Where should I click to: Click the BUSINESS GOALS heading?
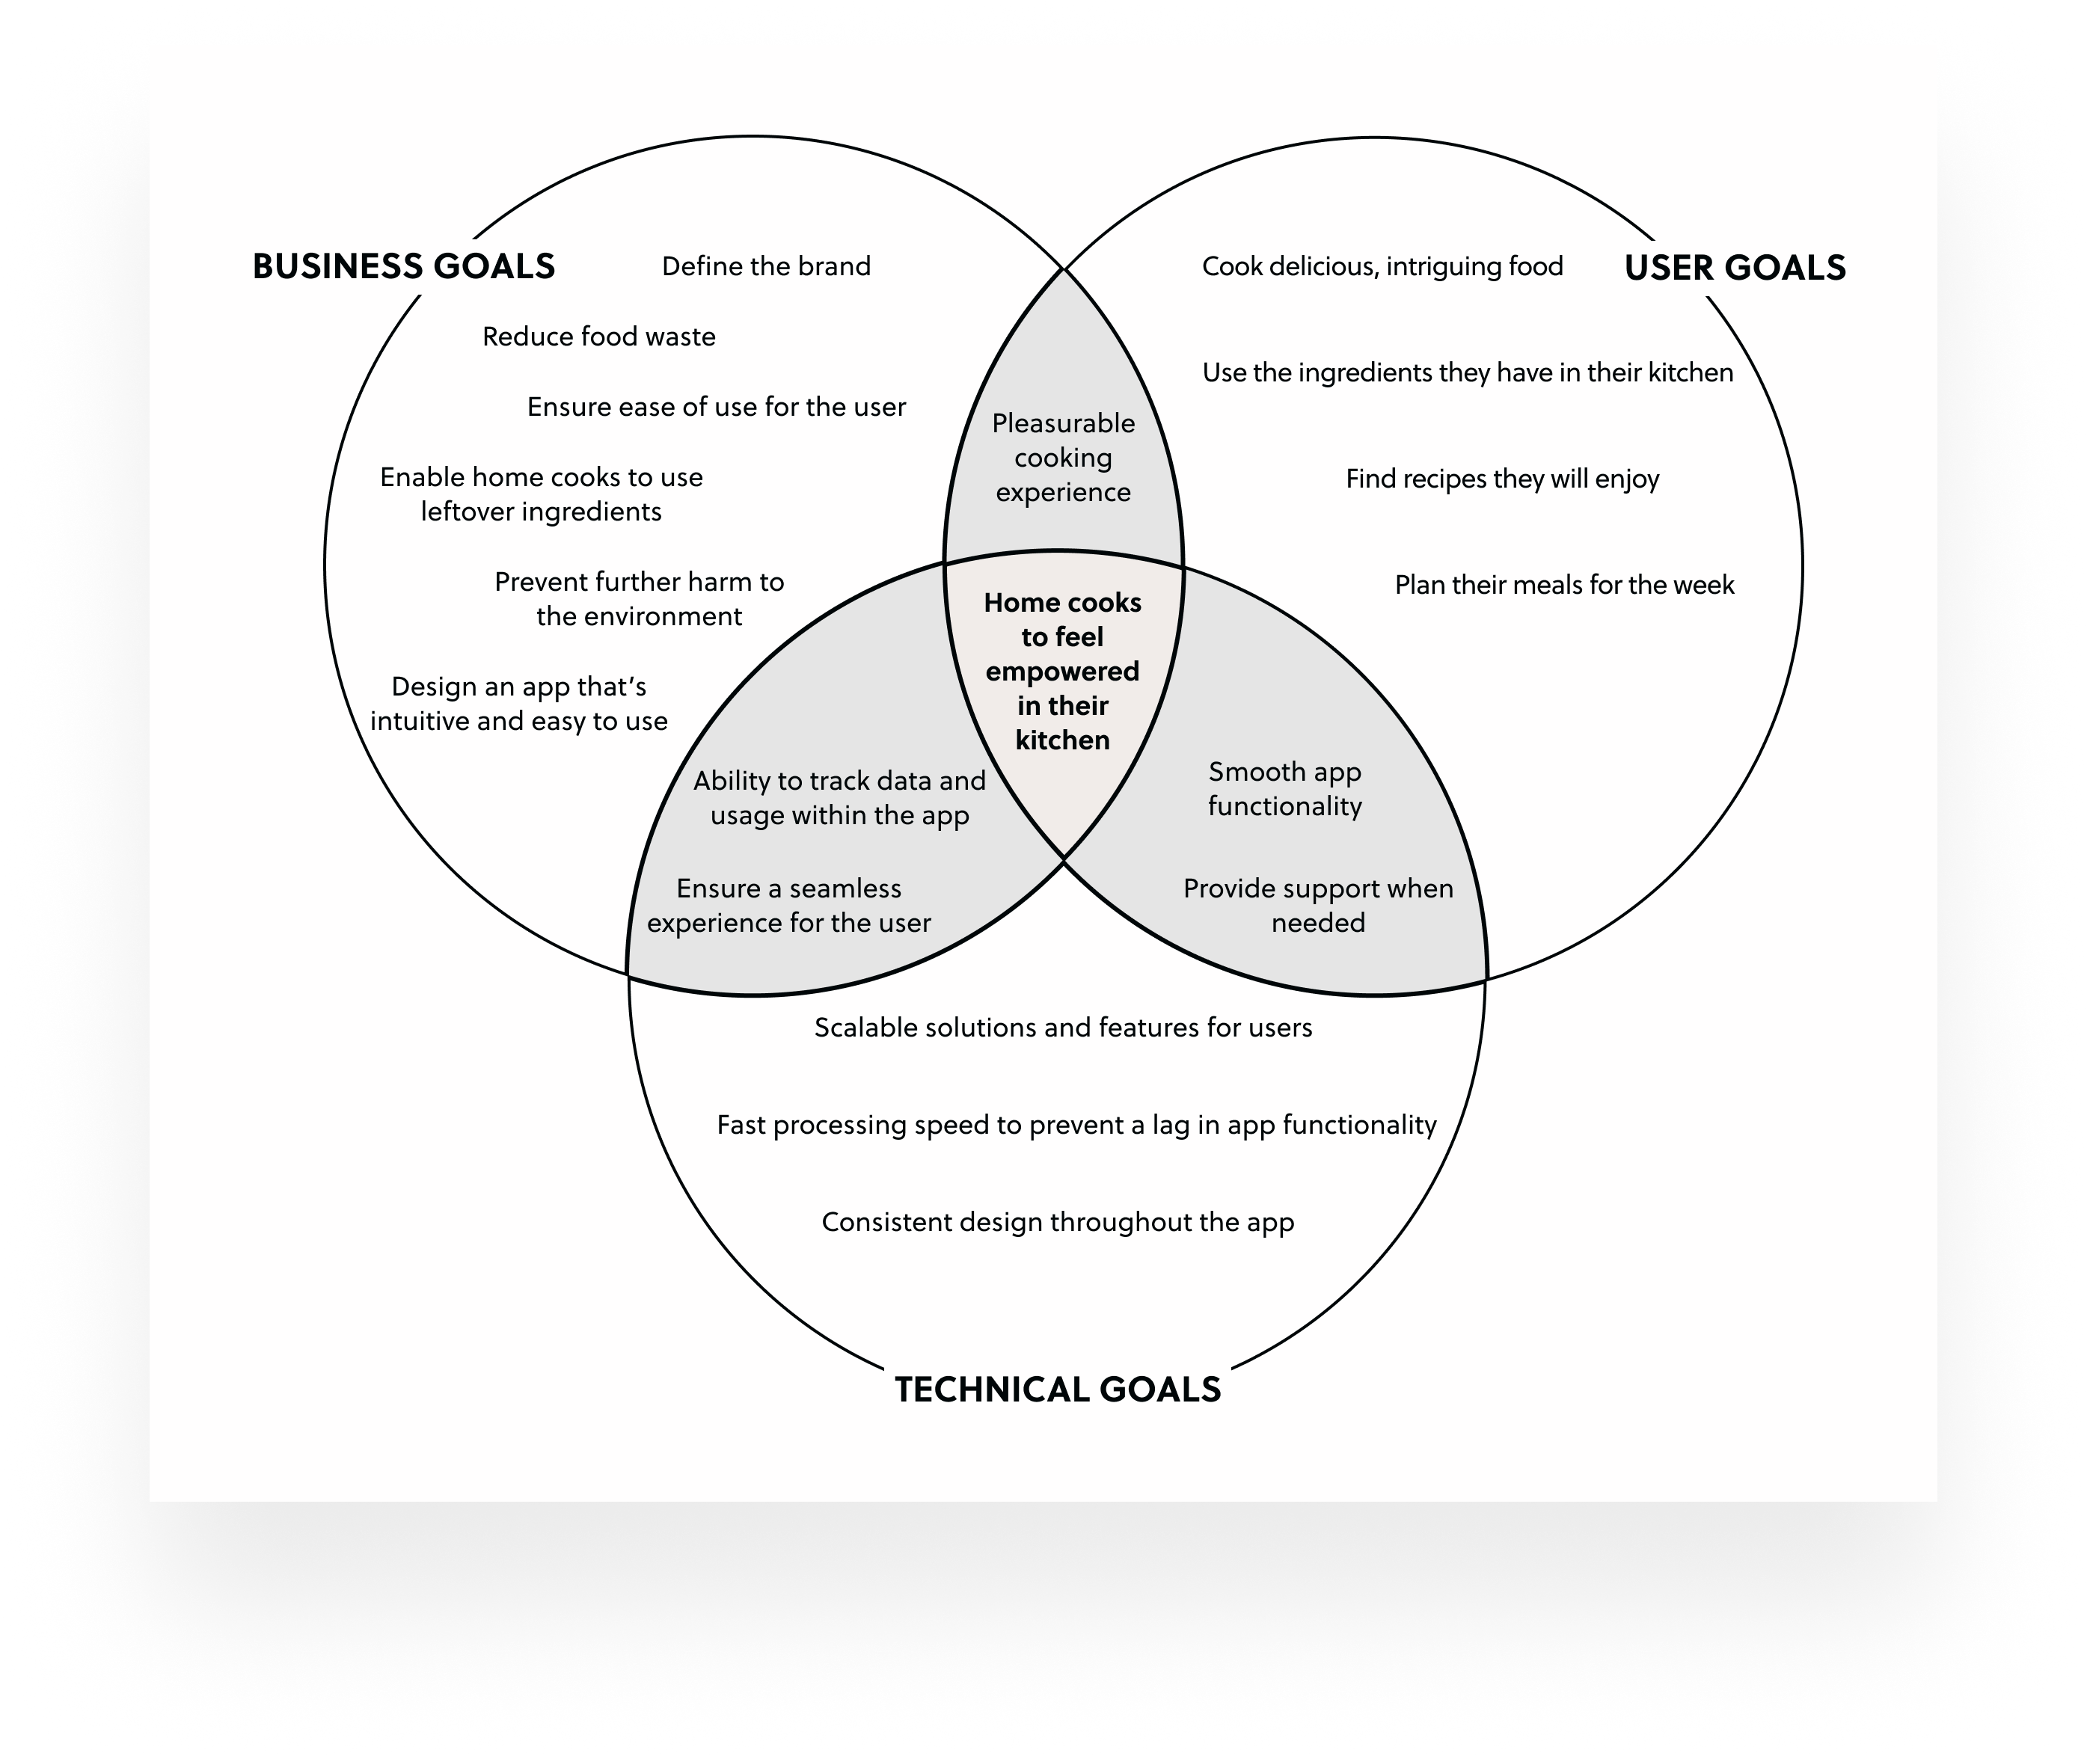(403, 267)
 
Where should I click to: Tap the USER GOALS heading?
(1735, 268)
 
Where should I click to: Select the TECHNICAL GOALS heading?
(1058, 1390)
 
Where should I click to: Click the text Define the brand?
(766, 267)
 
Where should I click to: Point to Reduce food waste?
(598, 337)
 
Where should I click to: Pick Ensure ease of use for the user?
(716, 407)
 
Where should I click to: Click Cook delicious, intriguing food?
(1382, 267)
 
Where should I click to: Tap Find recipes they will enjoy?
(1501, 479)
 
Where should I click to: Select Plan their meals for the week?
(1563, 586)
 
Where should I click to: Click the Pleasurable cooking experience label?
(1062, 458)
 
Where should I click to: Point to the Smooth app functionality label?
(1284, 788)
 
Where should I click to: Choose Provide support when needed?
(1317, 905)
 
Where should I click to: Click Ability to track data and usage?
(839, 797)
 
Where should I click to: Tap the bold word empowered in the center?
(1062, 672)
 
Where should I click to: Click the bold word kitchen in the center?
(1062, 740)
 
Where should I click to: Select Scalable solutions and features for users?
(1062, 1028)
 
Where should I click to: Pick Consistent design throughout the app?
(1058, 1223)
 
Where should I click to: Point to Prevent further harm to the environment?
(640, 599)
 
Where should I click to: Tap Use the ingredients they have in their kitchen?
(1467, 373)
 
